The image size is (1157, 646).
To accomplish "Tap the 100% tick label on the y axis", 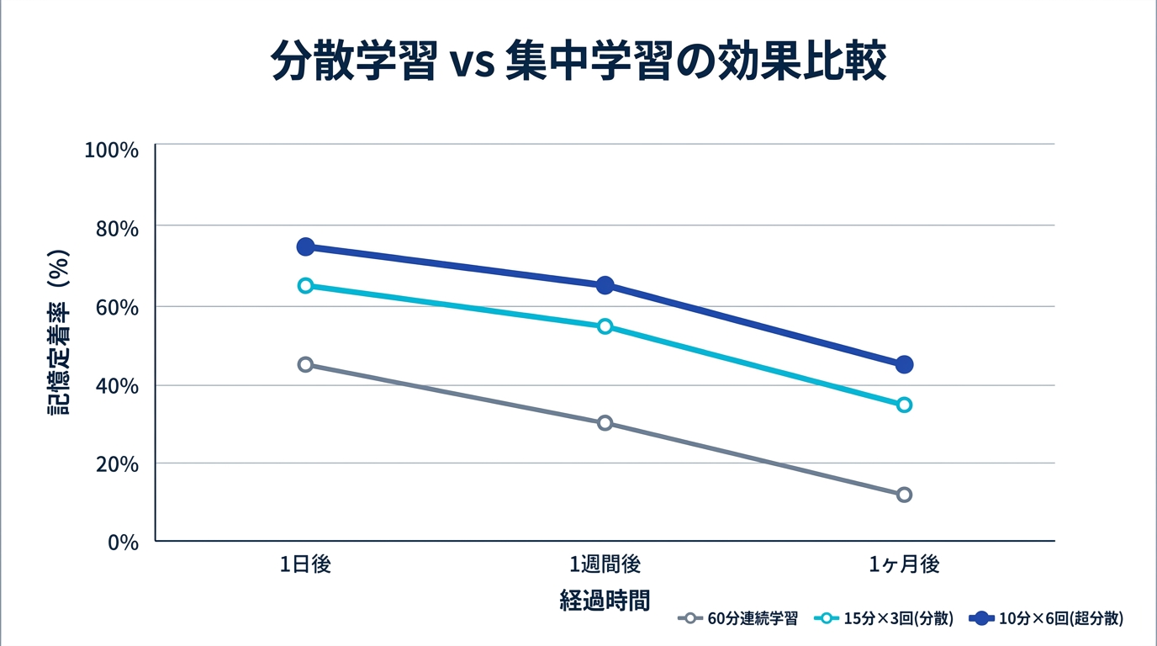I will point(111,150).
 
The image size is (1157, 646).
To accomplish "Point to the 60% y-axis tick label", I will point(116,307).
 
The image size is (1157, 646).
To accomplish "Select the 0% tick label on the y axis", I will point(123,542).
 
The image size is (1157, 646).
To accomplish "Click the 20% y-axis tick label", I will point(116,463).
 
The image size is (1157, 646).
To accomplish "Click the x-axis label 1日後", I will point(305,564).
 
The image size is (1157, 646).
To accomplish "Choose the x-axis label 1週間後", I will point(605,564).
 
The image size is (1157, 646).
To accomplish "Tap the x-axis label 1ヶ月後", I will point(904,564).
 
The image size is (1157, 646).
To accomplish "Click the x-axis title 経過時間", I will point(605,600).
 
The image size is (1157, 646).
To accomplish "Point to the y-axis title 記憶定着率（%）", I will point(59,332).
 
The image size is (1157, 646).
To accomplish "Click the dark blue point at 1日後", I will point(305,246).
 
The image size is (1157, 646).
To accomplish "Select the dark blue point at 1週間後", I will point(605,285).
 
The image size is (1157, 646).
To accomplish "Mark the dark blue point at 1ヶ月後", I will point(904,364).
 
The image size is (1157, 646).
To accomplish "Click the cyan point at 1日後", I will point(305,285).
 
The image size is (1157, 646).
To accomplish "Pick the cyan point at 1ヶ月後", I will point(904,405).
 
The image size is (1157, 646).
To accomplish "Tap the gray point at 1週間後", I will point(605,423).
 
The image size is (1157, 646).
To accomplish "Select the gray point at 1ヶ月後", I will point(904,495).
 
